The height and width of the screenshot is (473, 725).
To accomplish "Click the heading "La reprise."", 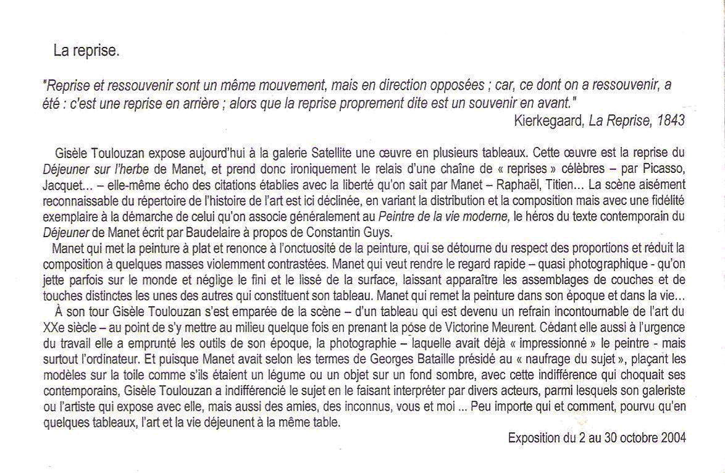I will click(x=86, y=52).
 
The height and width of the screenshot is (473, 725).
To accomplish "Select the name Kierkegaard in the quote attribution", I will click(x=547, y=121).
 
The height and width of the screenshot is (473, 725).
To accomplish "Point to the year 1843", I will click(x=671, y=121).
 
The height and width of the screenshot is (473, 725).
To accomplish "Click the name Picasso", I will click(x=668, y=168).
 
